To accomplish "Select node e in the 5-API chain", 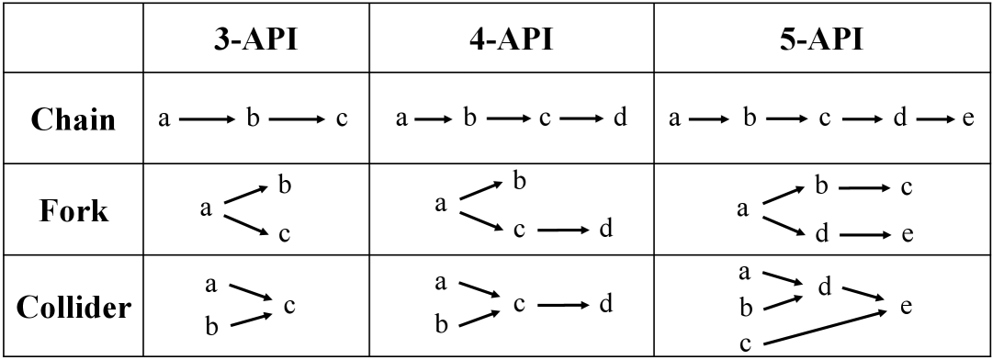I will tap(968, 121).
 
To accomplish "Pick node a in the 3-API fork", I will tap(206, 209).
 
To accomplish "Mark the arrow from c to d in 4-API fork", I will tap(562, 230).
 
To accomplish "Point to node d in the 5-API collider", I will tap(823, 287).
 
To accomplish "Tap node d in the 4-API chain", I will tap(620, 121).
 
